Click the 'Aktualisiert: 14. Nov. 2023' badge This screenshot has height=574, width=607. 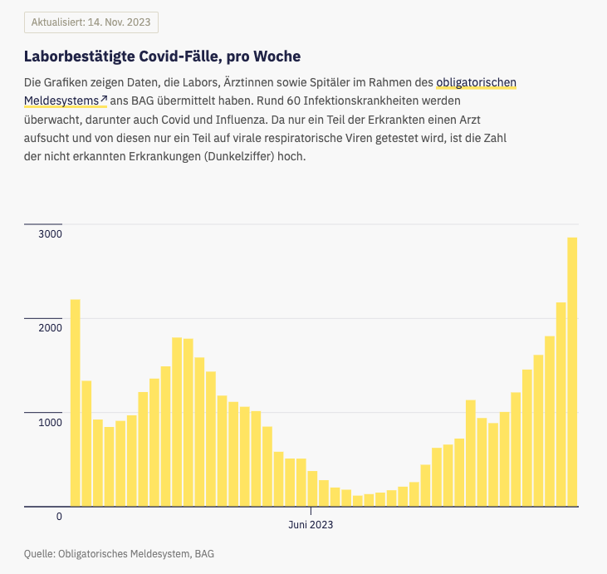91,22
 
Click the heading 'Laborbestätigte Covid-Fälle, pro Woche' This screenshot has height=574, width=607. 162,56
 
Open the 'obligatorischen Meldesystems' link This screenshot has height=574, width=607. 477,82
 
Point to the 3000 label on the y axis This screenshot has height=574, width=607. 50,234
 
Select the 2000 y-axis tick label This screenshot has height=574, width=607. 50,328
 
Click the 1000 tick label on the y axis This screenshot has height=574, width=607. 50,422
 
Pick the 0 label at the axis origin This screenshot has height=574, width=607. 59,517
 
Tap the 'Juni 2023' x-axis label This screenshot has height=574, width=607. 311,525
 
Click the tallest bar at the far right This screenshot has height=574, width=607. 572,371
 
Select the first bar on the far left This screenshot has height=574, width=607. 75,402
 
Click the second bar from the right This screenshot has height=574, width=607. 560,404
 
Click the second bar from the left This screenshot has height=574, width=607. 86,443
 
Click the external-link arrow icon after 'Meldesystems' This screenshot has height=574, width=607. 104,100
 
